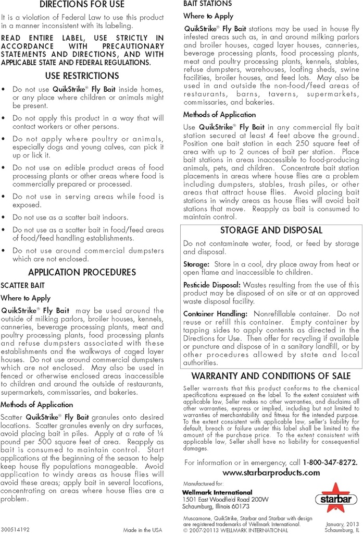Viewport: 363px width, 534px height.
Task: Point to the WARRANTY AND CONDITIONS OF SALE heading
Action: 270,376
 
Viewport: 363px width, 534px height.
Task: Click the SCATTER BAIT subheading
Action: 22,286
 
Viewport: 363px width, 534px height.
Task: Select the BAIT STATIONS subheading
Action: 200,4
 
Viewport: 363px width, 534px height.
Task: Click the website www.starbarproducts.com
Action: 271,472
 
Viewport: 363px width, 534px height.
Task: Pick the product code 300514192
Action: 16,528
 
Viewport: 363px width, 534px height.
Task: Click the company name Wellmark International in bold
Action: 217,492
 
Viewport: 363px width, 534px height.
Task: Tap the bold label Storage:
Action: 196,265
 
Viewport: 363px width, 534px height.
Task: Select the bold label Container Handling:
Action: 215,314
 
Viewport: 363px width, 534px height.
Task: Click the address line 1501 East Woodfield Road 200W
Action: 226,499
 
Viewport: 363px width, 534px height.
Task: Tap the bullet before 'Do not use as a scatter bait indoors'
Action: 4,217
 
